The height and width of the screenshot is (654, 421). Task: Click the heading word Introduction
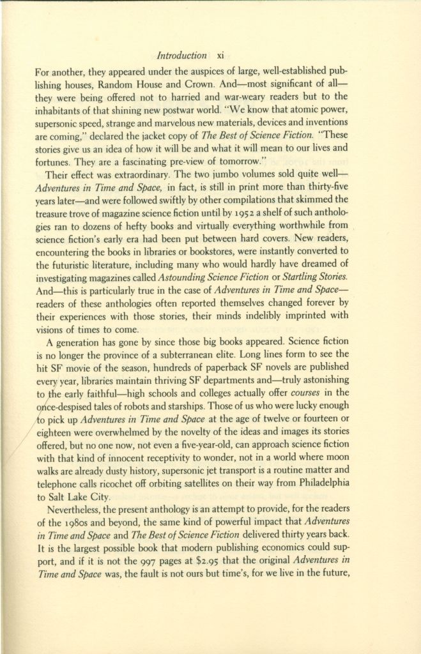click(181, 56)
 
